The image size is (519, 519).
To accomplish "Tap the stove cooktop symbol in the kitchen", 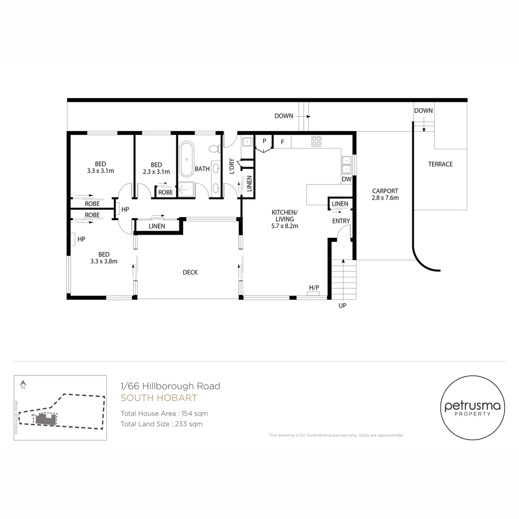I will coord(316,141).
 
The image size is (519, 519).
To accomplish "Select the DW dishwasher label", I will coord(346,179).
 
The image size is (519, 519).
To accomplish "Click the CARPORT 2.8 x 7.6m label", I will coord(385,194).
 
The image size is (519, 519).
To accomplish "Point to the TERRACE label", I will coord(440,164).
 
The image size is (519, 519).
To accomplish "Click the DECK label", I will coord(190,272).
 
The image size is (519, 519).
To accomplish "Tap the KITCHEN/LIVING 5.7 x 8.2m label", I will coord(285,219).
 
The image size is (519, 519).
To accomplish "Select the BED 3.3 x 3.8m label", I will coord(104,258).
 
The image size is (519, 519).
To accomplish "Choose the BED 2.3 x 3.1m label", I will coord(156,168).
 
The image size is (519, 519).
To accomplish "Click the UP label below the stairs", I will coord(342,306).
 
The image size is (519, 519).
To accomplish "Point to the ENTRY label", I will coord(341,221).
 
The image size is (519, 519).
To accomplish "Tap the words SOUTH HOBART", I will coord(159,398).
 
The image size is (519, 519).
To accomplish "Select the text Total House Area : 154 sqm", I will coord(164,413).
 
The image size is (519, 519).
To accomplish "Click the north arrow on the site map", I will coord(23,384).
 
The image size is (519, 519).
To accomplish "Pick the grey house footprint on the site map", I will coord(45,419).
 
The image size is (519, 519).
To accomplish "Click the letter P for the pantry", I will coord(264,141).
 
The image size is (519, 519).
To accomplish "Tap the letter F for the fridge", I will coord(282,142).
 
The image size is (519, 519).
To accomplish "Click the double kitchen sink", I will coord(347,164).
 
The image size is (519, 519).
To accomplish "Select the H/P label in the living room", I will coord(314,288).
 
